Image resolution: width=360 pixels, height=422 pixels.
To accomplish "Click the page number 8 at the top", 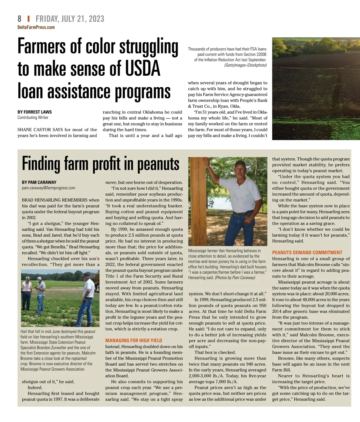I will point(19,19).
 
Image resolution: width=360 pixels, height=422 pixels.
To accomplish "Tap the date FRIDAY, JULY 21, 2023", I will point(70,19).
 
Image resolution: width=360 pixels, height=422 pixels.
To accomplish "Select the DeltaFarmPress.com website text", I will point(36,27).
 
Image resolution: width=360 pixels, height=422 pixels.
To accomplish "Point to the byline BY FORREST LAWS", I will point(34,112).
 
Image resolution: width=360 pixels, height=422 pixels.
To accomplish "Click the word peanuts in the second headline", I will point(158,164).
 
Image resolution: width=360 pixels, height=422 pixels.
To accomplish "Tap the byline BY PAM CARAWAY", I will point(39,182).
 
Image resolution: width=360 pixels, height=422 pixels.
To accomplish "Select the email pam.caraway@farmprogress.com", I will point(49,188).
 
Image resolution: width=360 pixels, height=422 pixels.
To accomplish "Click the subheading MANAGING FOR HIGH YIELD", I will point(133,340).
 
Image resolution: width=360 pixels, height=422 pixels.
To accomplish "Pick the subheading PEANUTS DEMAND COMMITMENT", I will point(307,253).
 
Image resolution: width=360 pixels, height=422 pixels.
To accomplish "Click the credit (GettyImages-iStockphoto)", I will point(245,65).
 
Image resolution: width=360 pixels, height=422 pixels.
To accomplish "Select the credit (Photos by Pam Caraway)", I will point(235,278).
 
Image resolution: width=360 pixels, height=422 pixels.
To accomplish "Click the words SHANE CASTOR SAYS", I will point(40,130).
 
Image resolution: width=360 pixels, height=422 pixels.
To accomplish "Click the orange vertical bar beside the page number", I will point(28,19).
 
